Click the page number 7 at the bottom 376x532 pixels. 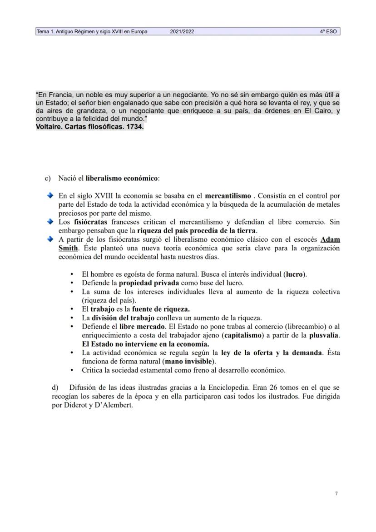[x=336, y=493]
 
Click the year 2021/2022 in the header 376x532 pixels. [x=183, y=32]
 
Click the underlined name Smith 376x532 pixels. [x=68, y=248]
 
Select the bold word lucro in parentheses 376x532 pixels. [x=294, y=274]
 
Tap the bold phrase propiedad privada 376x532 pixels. [x=148, y=283]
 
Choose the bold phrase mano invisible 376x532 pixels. [x=189, y=362]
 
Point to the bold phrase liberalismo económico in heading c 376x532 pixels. [x=122, y=178]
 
